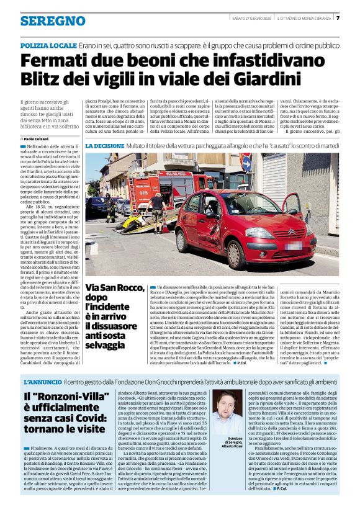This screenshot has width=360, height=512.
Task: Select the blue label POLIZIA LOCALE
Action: click(x=48, y=46)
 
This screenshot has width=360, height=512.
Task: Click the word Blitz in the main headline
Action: click(x=42, y=79)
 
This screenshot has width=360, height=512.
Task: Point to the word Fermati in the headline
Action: click(x=59, y=62)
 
